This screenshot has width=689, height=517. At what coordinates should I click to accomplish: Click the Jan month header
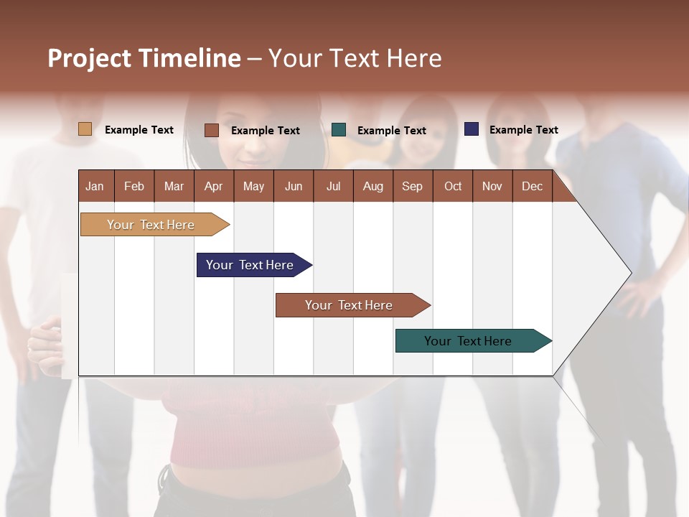pos(95,186)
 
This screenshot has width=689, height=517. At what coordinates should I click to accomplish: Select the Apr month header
pos(213,186)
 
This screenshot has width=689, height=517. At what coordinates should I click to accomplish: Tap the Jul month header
pos(333,186)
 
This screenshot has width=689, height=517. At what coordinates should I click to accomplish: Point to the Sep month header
pos(412,186)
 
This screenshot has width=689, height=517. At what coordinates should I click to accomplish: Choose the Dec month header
pos(532,186)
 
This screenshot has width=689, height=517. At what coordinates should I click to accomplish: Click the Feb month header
pos(134,186)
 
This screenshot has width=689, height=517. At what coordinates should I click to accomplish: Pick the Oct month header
pos(453,186)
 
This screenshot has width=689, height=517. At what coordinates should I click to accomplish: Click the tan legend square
pos(85,129)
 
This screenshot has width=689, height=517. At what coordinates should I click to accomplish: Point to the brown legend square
pos(211,130)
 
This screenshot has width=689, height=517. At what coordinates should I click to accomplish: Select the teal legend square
pos(339,130)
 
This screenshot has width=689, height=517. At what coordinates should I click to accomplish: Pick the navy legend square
pos(471,129)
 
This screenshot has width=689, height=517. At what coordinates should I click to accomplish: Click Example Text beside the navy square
pos(523,130)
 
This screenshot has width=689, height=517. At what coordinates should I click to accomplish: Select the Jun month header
pos(294,186)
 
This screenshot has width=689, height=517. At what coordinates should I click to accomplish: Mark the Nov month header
pos(492,186)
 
